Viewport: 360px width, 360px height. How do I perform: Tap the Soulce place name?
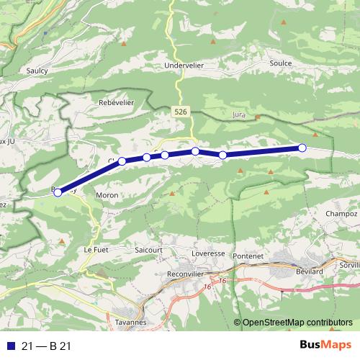point(280,63)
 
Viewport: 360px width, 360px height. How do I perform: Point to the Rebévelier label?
point(117,103)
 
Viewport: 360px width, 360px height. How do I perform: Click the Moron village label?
point(107,195)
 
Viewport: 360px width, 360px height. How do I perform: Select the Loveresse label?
point(209,255)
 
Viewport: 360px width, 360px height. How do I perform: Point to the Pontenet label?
point(248,256)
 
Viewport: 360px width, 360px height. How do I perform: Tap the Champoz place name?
point(341,214)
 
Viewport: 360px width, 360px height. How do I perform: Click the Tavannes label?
point(130,322)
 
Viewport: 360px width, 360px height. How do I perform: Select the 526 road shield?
point(181,112)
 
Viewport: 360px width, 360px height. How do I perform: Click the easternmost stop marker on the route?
point(302,148)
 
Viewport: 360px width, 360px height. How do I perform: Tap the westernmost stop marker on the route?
point(58,192)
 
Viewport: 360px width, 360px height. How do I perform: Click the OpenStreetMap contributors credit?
point(297,322)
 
